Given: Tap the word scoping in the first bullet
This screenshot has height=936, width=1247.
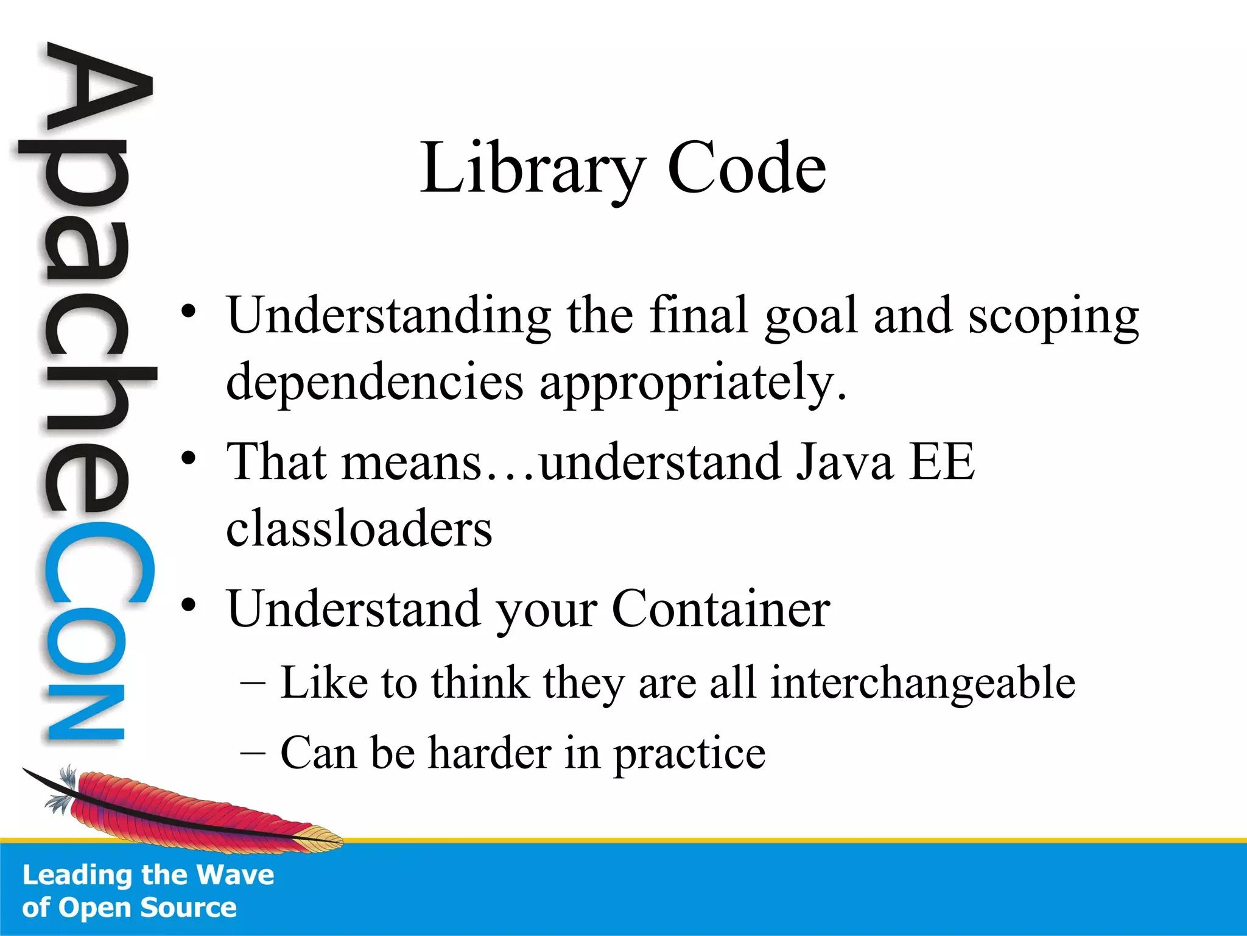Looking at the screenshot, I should (1053, 317).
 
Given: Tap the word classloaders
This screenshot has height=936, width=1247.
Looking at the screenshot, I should (359, 528).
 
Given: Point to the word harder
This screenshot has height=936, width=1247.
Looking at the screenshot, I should (490, 753).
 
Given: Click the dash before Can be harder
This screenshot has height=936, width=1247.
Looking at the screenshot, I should (253, 753).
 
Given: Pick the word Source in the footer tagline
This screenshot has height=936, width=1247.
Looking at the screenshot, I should (188, 907).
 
